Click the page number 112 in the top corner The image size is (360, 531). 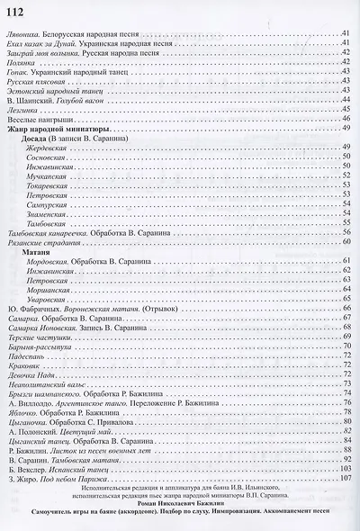[19, 11]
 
